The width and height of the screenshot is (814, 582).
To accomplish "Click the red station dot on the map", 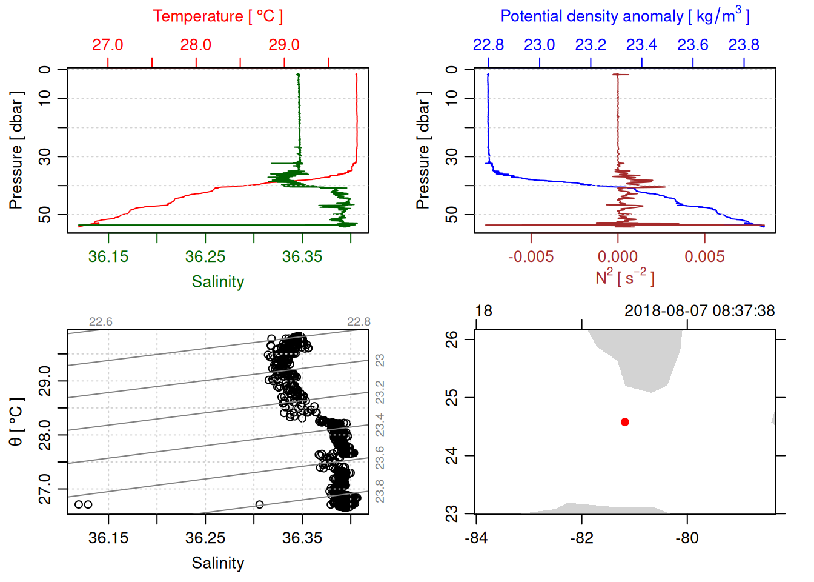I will point(624,422).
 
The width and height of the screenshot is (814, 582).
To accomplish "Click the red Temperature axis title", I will point(217,16).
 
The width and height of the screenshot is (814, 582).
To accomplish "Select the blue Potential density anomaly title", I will point(624,16).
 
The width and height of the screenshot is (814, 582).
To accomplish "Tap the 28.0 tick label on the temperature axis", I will point(196,45).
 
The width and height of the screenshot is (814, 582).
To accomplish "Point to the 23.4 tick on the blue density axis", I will point(641,45).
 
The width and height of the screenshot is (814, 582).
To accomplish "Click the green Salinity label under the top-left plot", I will point(217,282).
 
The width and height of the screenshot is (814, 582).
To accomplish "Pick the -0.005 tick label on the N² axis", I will point(531,256).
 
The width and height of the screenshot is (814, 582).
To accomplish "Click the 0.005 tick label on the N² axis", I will point(704,256).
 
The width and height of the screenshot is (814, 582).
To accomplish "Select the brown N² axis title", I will point(624,277).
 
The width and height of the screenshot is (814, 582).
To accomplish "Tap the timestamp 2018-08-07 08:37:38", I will point(699,311).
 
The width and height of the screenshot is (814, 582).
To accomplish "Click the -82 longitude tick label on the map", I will point(581,538).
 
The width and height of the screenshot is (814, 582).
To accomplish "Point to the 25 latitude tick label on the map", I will point(452,398).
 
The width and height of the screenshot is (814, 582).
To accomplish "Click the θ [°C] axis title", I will point(16,422).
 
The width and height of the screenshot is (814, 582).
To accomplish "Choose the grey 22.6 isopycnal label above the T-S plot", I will point(101,322).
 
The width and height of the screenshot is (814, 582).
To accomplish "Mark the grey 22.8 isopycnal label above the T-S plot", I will point(359,322).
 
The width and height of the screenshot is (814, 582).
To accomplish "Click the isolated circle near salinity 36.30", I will point(259,504).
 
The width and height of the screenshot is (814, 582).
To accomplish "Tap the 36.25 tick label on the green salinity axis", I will point(205,256).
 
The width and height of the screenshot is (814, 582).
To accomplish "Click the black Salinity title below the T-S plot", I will point(217,563).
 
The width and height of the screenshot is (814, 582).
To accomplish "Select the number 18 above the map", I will point(483,311).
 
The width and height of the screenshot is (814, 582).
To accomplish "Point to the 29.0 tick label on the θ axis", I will point(45,381).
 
